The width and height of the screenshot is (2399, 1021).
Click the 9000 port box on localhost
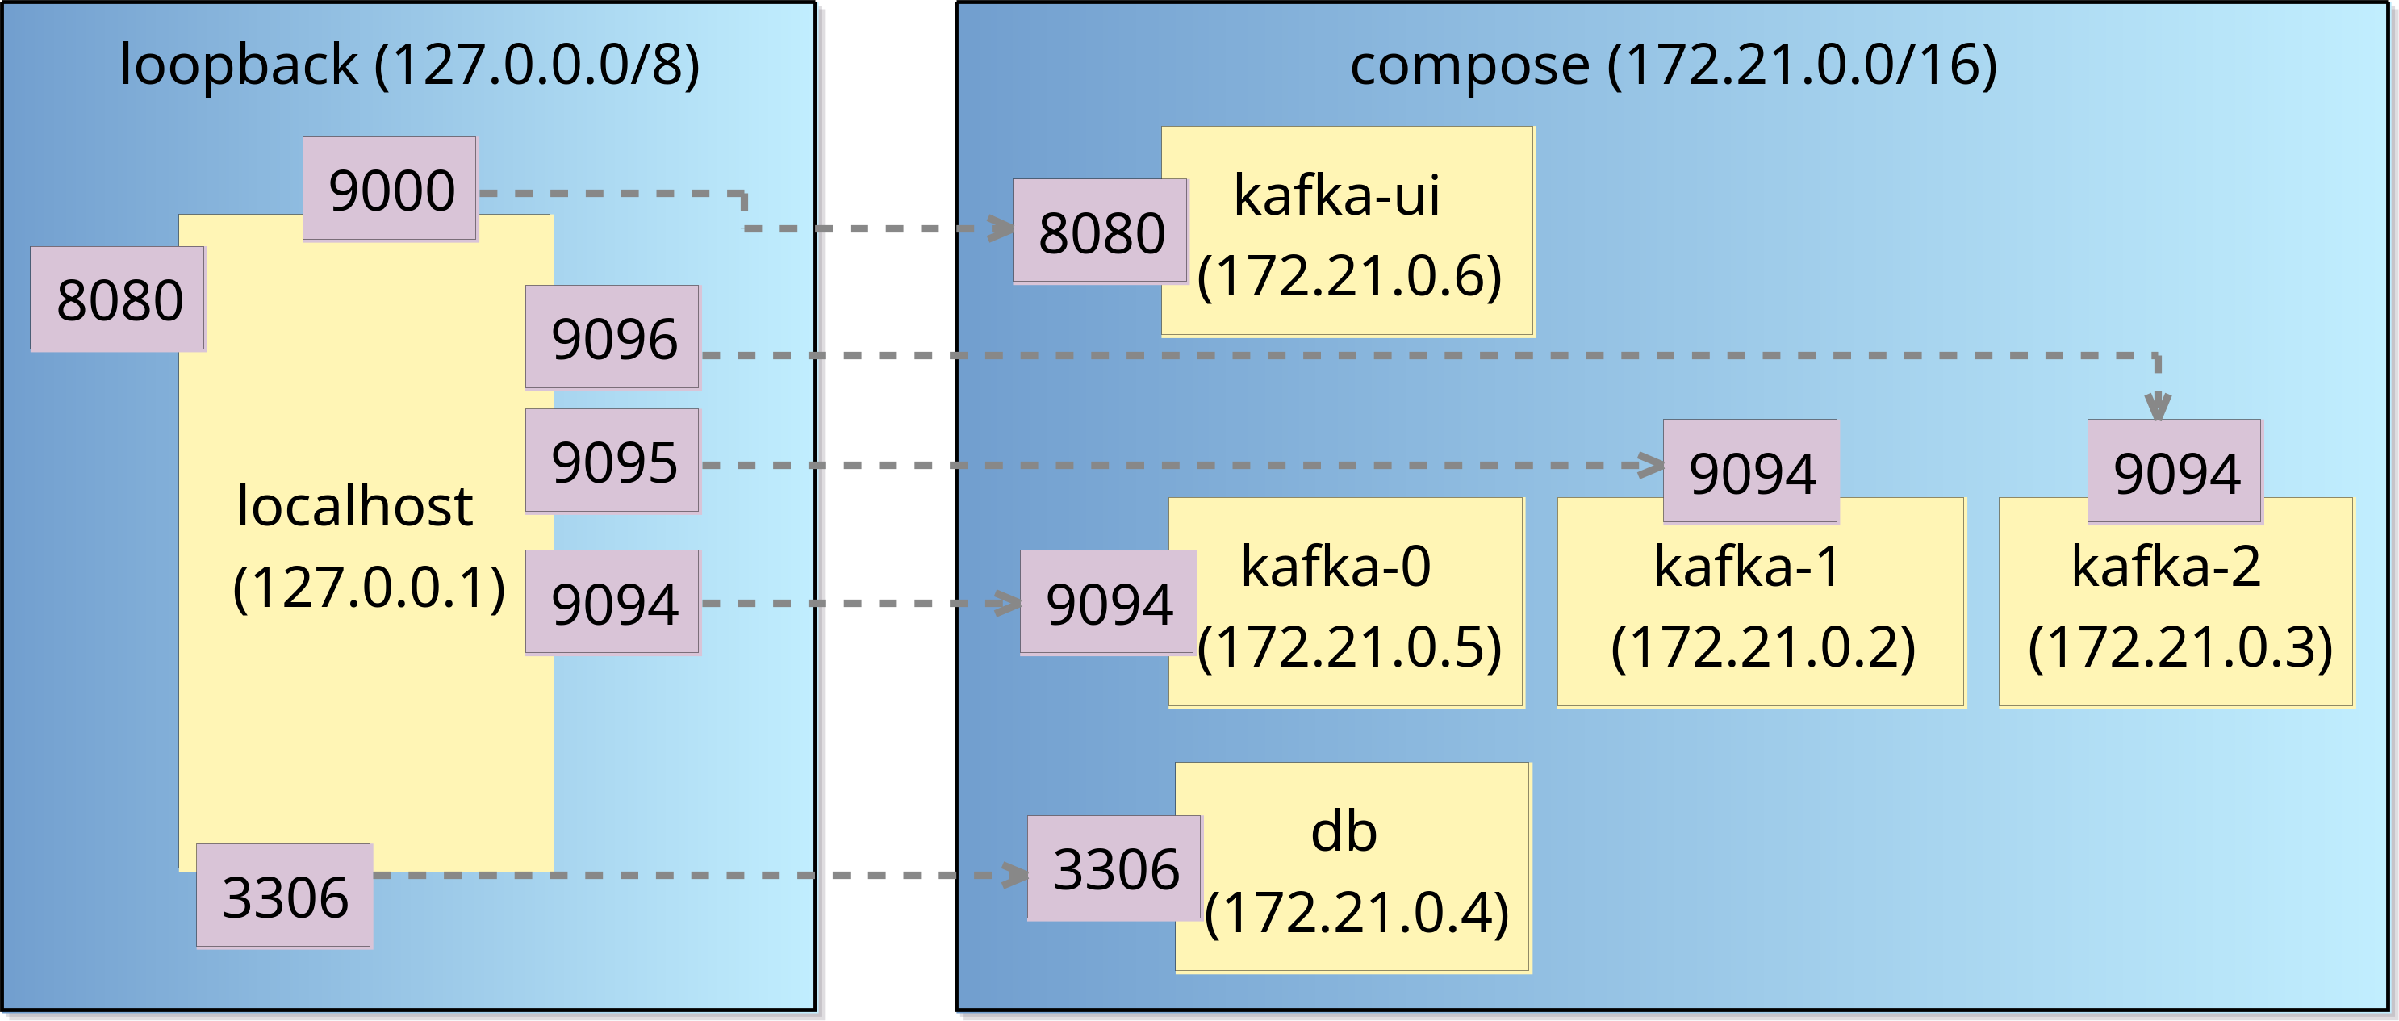391,189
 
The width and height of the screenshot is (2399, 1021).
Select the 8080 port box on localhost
119,299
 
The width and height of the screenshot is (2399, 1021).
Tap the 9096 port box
612,337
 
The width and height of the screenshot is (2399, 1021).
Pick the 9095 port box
612,461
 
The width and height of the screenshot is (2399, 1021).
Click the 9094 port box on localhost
612,603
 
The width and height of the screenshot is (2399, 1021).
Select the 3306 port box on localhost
284,896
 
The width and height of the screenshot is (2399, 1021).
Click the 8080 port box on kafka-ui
1101,231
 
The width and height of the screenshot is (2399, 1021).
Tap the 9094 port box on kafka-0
1108,603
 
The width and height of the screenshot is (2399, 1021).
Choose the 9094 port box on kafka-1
1751,471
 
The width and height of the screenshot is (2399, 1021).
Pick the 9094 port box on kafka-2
2175,471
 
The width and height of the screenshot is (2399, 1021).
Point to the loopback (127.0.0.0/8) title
409,65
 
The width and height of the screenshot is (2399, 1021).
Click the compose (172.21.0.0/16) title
1673,65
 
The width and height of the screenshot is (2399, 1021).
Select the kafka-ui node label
1336,195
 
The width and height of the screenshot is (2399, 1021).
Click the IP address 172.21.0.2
1762,646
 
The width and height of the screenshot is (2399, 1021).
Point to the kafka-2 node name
2165,566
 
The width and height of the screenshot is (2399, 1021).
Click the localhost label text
355,506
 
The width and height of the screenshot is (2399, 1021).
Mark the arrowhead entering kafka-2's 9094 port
2158,407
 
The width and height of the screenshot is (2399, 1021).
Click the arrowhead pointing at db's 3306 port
1014,875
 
